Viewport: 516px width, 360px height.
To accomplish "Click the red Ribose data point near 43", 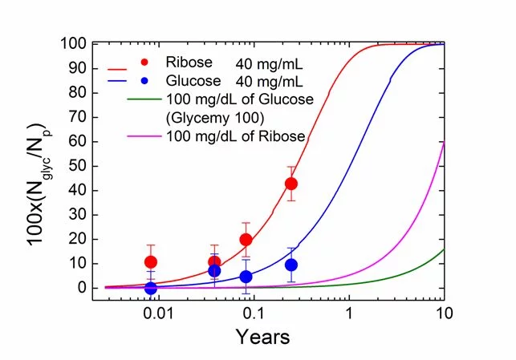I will tap(291, 184).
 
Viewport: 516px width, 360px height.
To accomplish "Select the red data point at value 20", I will tap(246, 239).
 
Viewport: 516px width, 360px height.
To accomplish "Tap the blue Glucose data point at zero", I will tap(150, 288).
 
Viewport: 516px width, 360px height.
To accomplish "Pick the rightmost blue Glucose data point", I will tap(291, 265).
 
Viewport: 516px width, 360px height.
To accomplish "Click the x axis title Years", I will tap(262, 337).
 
